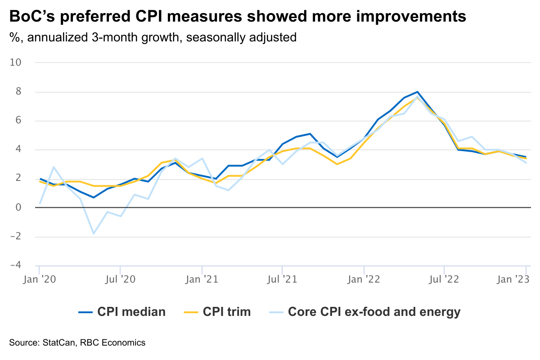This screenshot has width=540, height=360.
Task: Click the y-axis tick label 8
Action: click(18, 91)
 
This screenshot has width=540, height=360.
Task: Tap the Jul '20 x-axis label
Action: click(120, 279)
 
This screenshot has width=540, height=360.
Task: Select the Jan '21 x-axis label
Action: click(202, 279)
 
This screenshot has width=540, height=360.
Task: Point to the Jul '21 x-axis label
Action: click(282, 279)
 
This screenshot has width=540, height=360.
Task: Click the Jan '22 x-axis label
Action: click(364, 279)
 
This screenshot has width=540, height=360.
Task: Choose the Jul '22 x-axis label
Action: click(444, 279)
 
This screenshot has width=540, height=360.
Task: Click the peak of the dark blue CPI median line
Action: click(418, 92)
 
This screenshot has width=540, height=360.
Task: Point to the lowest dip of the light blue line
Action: click(94, 234)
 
